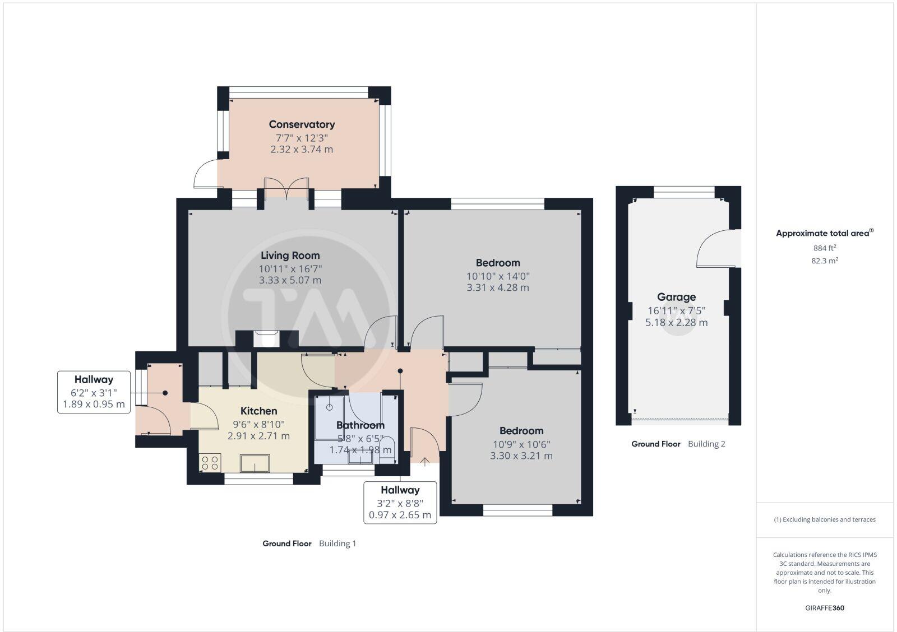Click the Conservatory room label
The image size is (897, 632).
tap(302, 124)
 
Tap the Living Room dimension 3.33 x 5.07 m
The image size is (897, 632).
tap(290, 280)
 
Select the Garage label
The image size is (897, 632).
tap(676, 298)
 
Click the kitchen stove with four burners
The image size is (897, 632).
tap(210, 463)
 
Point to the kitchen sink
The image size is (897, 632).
tap(255, 463)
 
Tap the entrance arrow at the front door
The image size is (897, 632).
tap(425, 462)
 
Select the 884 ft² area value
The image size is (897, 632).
tap(825, 248)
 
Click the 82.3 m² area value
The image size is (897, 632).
tap(825, 261)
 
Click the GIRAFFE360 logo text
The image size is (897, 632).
tap(824, 608)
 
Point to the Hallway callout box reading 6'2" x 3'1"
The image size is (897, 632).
tap(94, 392)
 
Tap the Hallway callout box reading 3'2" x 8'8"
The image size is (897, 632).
tap(400, 503)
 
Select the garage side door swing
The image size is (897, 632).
tap(717, 250)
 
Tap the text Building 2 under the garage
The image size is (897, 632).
tap(706, 444)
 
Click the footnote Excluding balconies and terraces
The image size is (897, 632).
tap(825, 519)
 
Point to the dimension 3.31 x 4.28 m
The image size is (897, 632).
tap(497, 287)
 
